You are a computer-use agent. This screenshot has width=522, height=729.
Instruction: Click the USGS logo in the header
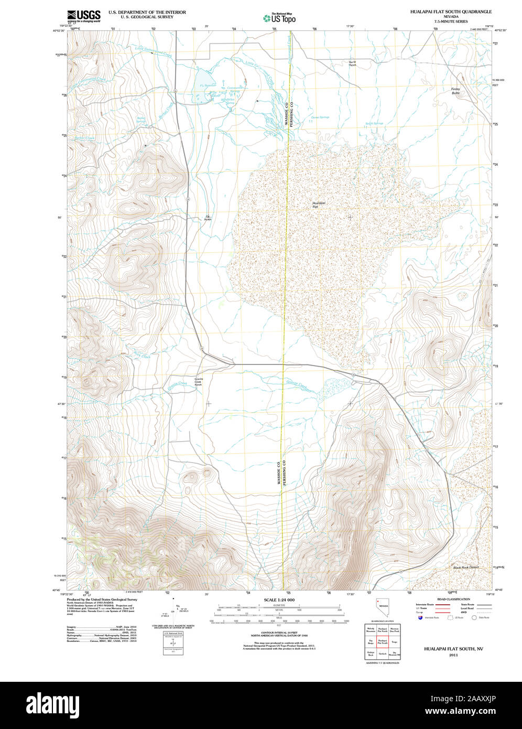tap(84, 15)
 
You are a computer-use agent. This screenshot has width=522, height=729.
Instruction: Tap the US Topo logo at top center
tap(279, 17)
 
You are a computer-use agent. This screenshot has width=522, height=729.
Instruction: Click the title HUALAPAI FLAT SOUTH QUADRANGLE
tap(451, 11)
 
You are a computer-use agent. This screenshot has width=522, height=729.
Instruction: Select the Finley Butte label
tap(455, 91)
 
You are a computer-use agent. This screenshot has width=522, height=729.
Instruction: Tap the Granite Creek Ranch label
tap(198, 382)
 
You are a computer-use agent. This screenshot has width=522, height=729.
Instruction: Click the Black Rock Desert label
tap(466, 567)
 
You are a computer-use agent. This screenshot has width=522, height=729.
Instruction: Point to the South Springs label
tap(374, 124)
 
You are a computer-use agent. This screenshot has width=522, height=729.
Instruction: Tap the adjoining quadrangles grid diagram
tap(383, 641)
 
